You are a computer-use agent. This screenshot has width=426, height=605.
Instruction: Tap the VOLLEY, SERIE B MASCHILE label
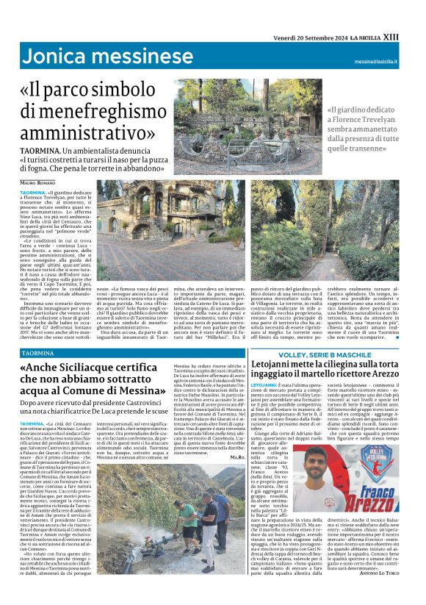pyautogui.click(x=328, y=354)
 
